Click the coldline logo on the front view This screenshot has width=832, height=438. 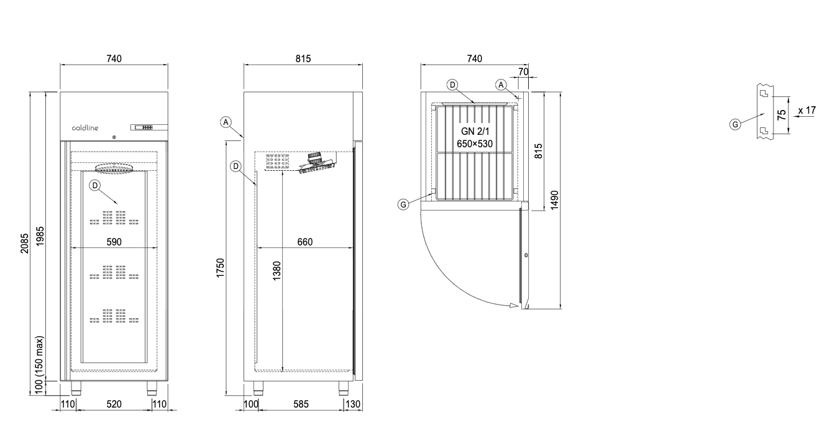[85, 128]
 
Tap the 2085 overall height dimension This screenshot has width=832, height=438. [24, 244]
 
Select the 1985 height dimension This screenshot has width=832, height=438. [40, 236]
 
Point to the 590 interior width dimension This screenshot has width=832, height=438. [114, 242]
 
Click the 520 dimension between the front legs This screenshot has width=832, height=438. [114, 404]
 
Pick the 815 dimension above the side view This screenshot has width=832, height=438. [303, 58]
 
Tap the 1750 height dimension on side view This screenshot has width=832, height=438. [221, 268]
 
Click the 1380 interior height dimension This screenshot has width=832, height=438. [277, 271]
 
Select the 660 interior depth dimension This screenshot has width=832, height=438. [305, 242]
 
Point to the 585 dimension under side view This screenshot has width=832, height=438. [301, 404]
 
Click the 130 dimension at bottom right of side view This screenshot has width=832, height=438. [353, 404]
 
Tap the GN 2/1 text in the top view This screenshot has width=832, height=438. [475, 131]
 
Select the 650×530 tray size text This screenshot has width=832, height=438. [475, 144]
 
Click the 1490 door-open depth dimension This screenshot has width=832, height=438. [554, 200]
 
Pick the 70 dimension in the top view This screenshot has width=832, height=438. [523, 71]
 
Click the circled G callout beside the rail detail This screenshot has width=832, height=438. [735, 124]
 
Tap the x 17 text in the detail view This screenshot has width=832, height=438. [807, 111]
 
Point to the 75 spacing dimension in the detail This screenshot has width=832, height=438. [782, 114]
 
